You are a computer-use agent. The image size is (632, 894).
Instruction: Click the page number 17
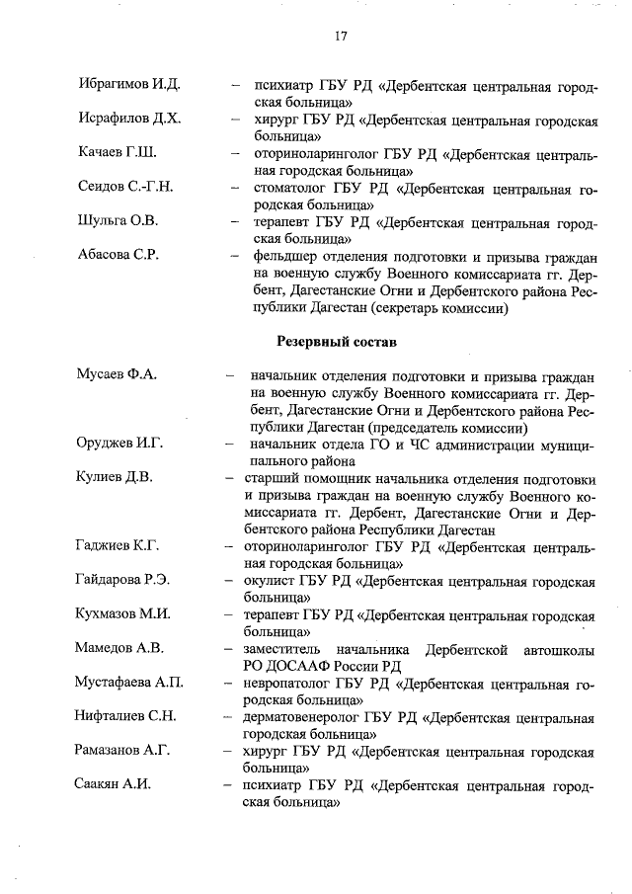coord(341,37)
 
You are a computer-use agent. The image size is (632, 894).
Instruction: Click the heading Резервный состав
coord(334,343)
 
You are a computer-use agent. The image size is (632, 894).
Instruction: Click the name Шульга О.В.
coord(118,220)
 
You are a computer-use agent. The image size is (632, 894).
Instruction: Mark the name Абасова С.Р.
coord(118,254)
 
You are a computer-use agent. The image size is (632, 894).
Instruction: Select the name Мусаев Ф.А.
coord(117,376)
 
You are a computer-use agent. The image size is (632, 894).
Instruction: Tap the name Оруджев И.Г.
coord(120,444)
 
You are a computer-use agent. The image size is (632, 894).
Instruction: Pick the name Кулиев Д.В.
coord(115,478)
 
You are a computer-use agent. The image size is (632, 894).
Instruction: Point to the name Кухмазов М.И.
coord(123,614)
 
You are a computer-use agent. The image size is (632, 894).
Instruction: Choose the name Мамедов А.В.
coord(119,648)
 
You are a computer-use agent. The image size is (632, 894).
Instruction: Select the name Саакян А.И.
coord(115,784)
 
